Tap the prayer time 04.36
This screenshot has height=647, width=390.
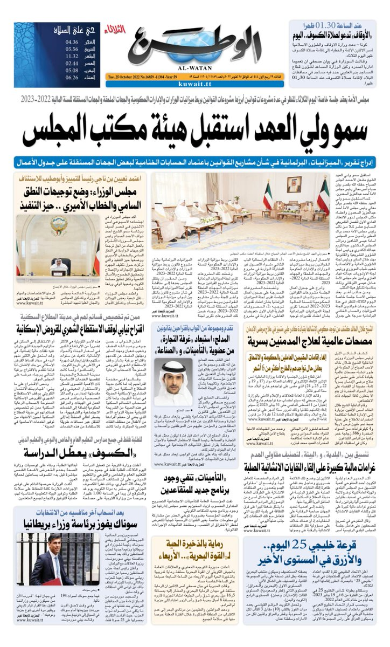click(72, 42)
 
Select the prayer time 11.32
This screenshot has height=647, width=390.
click(72, 56)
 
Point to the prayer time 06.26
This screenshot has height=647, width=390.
click(72, 77)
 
